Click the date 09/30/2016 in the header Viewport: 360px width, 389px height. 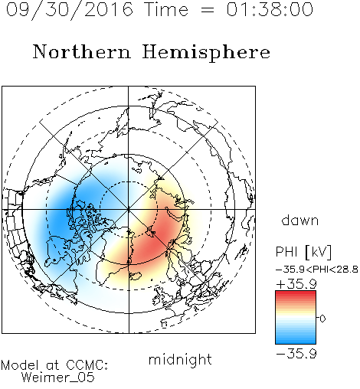[x=70, y=10]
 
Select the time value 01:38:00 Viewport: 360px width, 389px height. [x=270, y=9]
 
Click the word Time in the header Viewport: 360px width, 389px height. [x=166, y=9]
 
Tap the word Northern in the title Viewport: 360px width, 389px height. [x=82, y=51]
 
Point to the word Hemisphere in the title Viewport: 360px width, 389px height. [x=206, y=53]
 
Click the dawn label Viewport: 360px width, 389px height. [x=300, y=220]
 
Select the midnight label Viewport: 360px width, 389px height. [x=180, y=359]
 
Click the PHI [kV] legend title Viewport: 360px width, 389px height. [x=303, y=252]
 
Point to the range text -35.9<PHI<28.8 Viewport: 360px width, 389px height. [x=317, y=270]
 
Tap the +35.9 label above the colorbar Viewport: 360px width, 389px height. [x=296, y=284]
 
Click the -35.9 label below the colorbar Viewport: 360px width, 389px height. [x=296, y=354]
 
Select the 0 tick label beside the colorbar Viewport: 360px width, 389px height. [x=322, y=319]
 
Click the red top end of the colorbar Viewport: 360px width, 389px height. [x=296, y=293]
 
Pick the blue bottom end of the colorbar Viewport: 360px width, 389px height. [x=296, y=342]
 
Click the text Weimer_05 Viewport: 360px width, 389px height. [x=58, y=378]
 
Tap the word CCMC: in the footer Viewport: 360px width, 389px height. [x=87, y=365]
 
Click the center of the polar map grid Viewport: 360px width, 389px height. [x=128, y=210]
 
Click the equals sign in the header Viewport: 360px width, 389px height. [x=208, y=10]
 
